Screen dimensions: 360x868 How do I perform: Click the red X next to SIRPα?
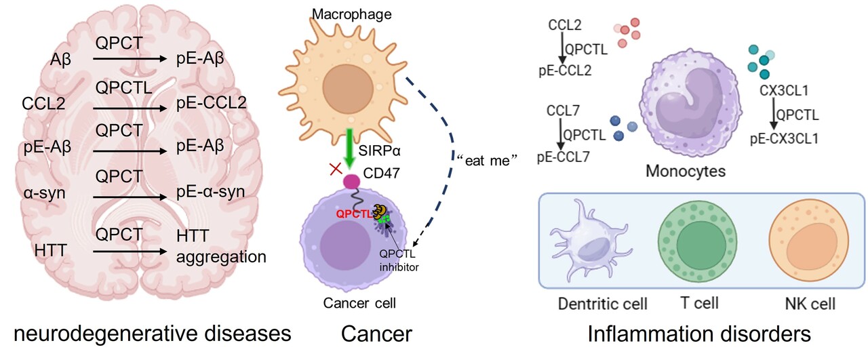click(335, 169)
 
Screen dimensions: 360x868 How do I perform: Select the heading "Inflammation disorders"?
click(698, 334)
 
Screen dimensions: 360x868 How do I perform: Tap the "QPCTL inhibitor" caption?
click(399, 262)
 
